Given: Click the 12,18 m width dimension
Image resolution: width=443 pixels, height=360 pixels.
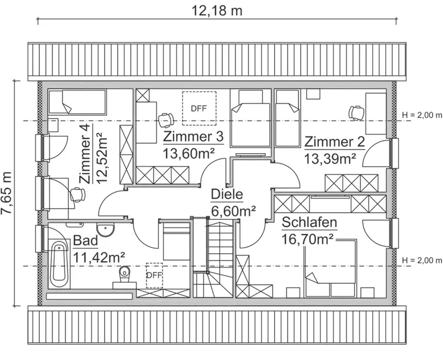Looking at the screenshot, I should (x=217, y=10).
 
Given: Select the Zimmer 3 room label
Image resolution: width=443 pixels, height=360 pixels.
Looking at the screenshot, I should (x=193, y=138).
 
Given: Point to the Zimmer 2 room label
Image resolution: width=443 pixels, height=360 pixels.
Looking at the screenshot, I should (x=334, y=142).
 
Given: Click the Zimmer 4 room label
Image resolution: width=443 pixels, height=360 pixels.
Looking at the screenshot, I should (x=85, y=160).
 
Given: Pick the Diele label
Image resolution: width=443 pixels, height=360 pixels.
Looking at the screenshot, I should (x=227, y=195).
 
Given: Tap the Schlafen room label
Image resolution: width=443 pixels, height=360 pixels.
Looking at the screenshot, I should (x=310, y=223).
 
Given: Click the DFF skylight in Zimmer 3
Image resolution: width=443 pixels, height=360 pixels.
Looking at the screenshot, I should (x=199, y=108).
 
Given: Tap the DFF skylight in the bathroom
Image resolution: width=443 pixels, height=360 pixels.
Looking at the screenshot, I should (x=154, y=275).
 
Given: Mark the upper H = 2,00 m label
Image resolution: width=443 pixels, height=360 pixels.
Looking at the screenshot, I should (x=421, y=115).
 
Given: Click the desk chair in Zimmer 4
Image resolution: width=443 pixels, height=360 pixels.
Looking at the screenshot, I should (x=76, y=193).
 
